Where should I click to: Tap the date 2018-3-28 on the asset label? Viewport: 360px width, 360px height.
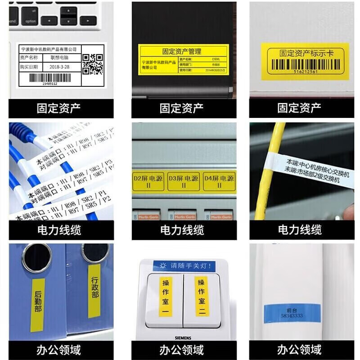pos(60,67)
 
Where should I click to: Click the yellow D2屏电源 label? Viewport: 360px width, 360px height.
pos(148,181)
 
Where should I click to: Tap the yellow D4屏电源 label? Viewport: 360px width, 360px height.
pos(219,181)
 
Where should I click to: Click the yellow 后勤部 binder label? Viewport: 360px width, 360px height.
pos(38,301)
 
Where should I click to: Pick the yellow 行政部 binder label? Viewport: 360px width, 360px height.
pos(94,290)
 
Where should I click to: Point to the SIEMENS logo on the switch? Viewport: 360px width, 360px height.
pos(183,337)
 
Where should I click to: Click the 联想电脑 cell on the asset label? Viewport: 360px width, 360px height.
pos(60,58)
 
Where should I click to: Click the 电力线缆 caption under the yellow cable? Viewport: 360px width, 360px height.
pos(300,230)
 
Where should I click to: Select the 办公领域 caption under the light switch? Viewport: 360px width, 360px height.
pos(182,349)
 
